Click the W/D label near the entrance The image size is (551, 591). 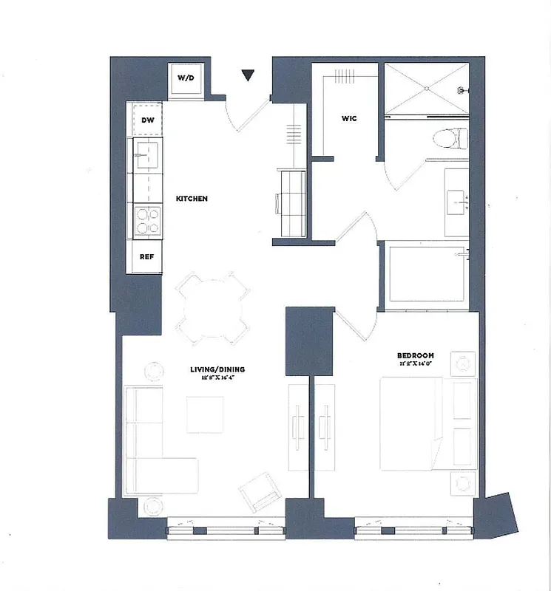pyautogui.click(x=184, y=78)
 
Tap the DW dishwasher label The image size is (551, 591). pyautogui.click(x=147, y=120)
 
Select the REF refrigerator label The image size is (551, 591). pyautogui.click(x=146, y=258)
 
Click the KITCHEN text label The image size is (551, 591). pyautogui.click(x=192, y=199)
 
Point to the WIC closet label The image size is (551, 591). pyautogui.click(x=350, y=118)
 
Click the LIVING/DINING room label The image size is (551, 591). pyautogui.click(x=215, y=369)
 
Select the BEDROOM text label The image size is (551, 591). pyautogui.click(x=414, y=355)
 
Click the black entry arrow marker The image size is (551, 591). pyautogui.click(x=249, y=75)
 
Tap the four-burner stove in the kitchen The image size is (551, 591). pyautogui.click(x=147, y=221)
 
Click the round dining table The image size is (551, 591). pyautogui.click(x=213, y=309)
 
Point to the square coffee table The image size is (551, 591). pyautogui.click(x=205, y=414)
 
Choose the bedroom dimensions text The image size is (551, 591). pyautogui.click(x=414, y=363)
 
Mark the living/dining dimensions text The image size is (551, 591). pyautogui.click(x=215, y=378)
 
